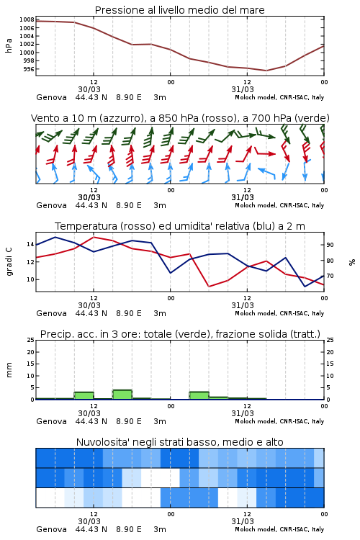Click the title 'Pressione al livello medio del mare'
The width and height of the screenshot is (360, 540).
click(x=179, y=10)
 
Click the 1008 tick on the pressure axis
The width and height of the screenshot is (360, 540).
click(x=27, y=19)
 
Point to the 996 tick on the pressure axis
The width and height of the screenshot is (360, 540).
click(x=29, y=69)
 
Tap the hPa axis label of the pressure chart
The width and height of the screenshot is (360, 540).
click(x=9, y=45)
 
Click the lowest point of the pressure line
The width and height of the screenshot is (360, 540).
click(x=266, y=71)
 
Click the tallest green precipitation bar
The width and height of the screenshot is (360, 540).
click(x=122, y=395)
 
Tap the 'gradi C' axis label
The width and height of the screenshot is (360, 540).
click(x=9, y=262)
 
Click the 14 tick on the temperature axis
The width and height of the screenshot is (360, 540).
click(x=30, y=244)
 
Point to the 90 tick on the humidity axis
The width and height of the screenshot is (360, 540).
click(x=330, y=245)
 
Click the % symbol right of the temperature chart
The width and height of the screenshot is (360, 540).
click(x=352, y=262)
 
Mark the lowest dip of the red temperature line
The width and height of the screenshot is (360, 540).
click(x=209, y=286)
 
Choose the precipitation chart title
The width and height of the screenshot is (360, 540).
click(x=180, y=334)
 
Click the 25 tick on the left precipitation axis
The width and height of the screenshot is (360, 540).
click(x=30, y=340)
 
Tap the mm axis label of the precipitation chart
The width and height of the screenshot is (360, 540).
click(x=9, y=370)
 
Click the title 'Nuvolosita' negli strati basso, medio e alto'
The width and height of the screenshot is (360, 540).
click(x=179, y=442)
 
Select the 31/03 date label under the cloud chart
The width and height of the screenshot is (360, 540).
click(x=243, y=521)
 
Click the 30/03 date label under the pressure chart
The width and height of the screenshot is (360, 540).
click(x=89, y=89)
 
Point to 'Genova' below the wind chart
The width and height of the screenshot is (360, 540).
click(x=51, y=205)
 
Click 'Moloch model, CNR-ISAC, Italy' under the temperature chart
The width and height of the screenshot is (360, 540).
click(x=279, y=313)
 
